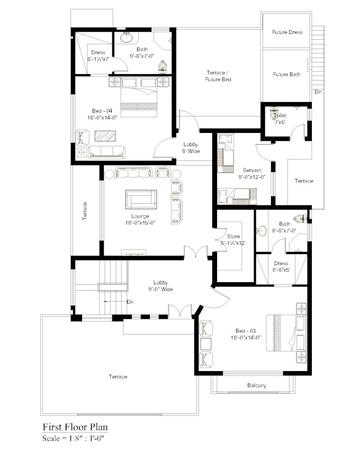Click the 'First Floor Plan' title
click(76, 427)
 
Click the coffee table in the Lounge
click(141, 200)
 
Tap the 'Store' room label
click(233, 237)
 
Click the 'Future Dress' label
click(287, 32)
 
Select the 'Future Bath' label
click(286, 75)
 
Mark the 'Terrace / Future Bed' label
click(219, 76)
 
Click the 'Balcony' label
click(256, 385)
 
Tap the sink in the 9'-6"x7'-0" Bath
click(127, 38)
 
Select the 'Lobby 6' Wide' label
click(191, 148)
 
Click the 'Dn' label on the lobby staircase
click(130, 302)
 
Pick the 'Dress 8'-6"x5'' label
click(281, 266)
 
